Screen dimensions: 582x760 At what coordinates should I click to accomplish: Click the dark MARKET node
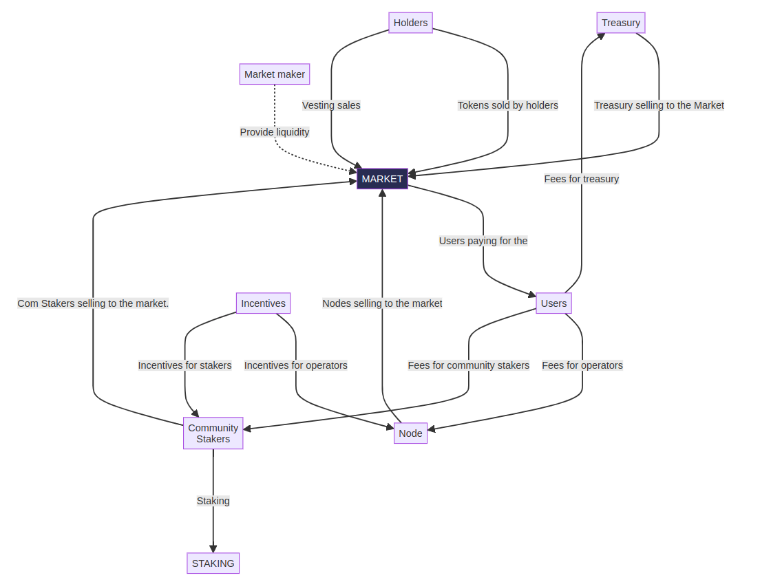(382, 179)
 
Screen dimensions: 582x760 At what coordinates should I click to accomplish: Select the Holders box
(410, 23)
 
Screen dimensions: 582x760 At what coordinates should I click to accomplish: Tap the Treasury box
(620, 23)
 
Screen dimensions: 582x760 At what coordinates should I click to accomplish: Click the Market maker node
(275, 74)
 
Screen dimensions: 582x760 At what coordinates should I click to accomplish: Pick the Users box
(553, 303)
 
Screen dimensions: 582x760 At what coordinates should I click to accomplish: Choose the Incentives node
(263, 303)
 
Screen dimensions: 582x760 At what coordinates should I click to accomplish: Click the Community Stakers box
(213, 433)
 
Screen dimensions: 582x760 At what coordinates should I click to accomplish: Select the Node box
(410, 433)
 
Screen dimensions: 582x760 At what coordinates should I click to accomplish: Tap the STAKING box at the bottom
(213, 563)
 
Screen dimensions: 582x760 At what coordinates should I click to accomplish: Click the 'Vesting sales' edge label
(331, 105)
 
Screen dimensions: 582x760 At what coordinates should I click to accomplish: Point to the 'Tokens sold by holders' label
(508, 105)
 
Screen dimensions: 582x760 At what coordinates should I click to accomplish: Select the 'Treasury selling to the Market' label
(659, 105)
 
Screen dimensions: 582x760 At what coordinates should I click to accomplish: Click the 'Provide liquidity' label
(275, 132)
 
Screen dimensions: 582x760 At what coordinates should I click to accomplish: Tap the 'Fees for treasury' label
(582, 179)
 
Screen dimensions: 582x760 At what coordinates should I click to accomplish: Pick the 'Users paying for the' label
(483, 241)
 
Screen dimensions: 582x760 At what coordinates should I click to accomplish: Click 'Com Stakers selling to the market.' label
(93, 303)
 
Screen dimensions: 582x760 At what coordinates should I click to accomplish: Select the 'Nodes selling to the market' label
(382, 303)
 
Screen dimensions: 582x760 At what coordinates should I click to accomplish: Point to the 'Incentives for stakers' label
(184, 365)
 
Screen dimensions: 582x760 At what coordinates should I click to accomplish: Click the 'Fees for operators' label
(582, 365)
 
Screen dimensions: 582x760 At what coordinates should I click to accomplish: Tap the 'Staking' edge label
(213, 501)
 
